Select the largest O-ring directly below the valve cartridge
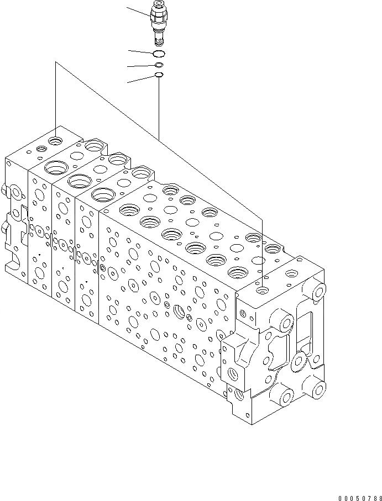coord(159,54)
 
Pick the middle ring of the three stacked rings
coord(159,65)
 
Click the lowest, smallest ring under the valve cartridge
coord(159,75)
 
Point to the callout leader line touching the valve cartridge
coord(138,12)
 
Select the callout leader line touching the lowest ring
coord(141,78)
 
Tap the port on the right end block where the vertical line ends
coord(263,289)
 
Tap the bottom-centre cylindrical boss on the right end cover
coord(286,395)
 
